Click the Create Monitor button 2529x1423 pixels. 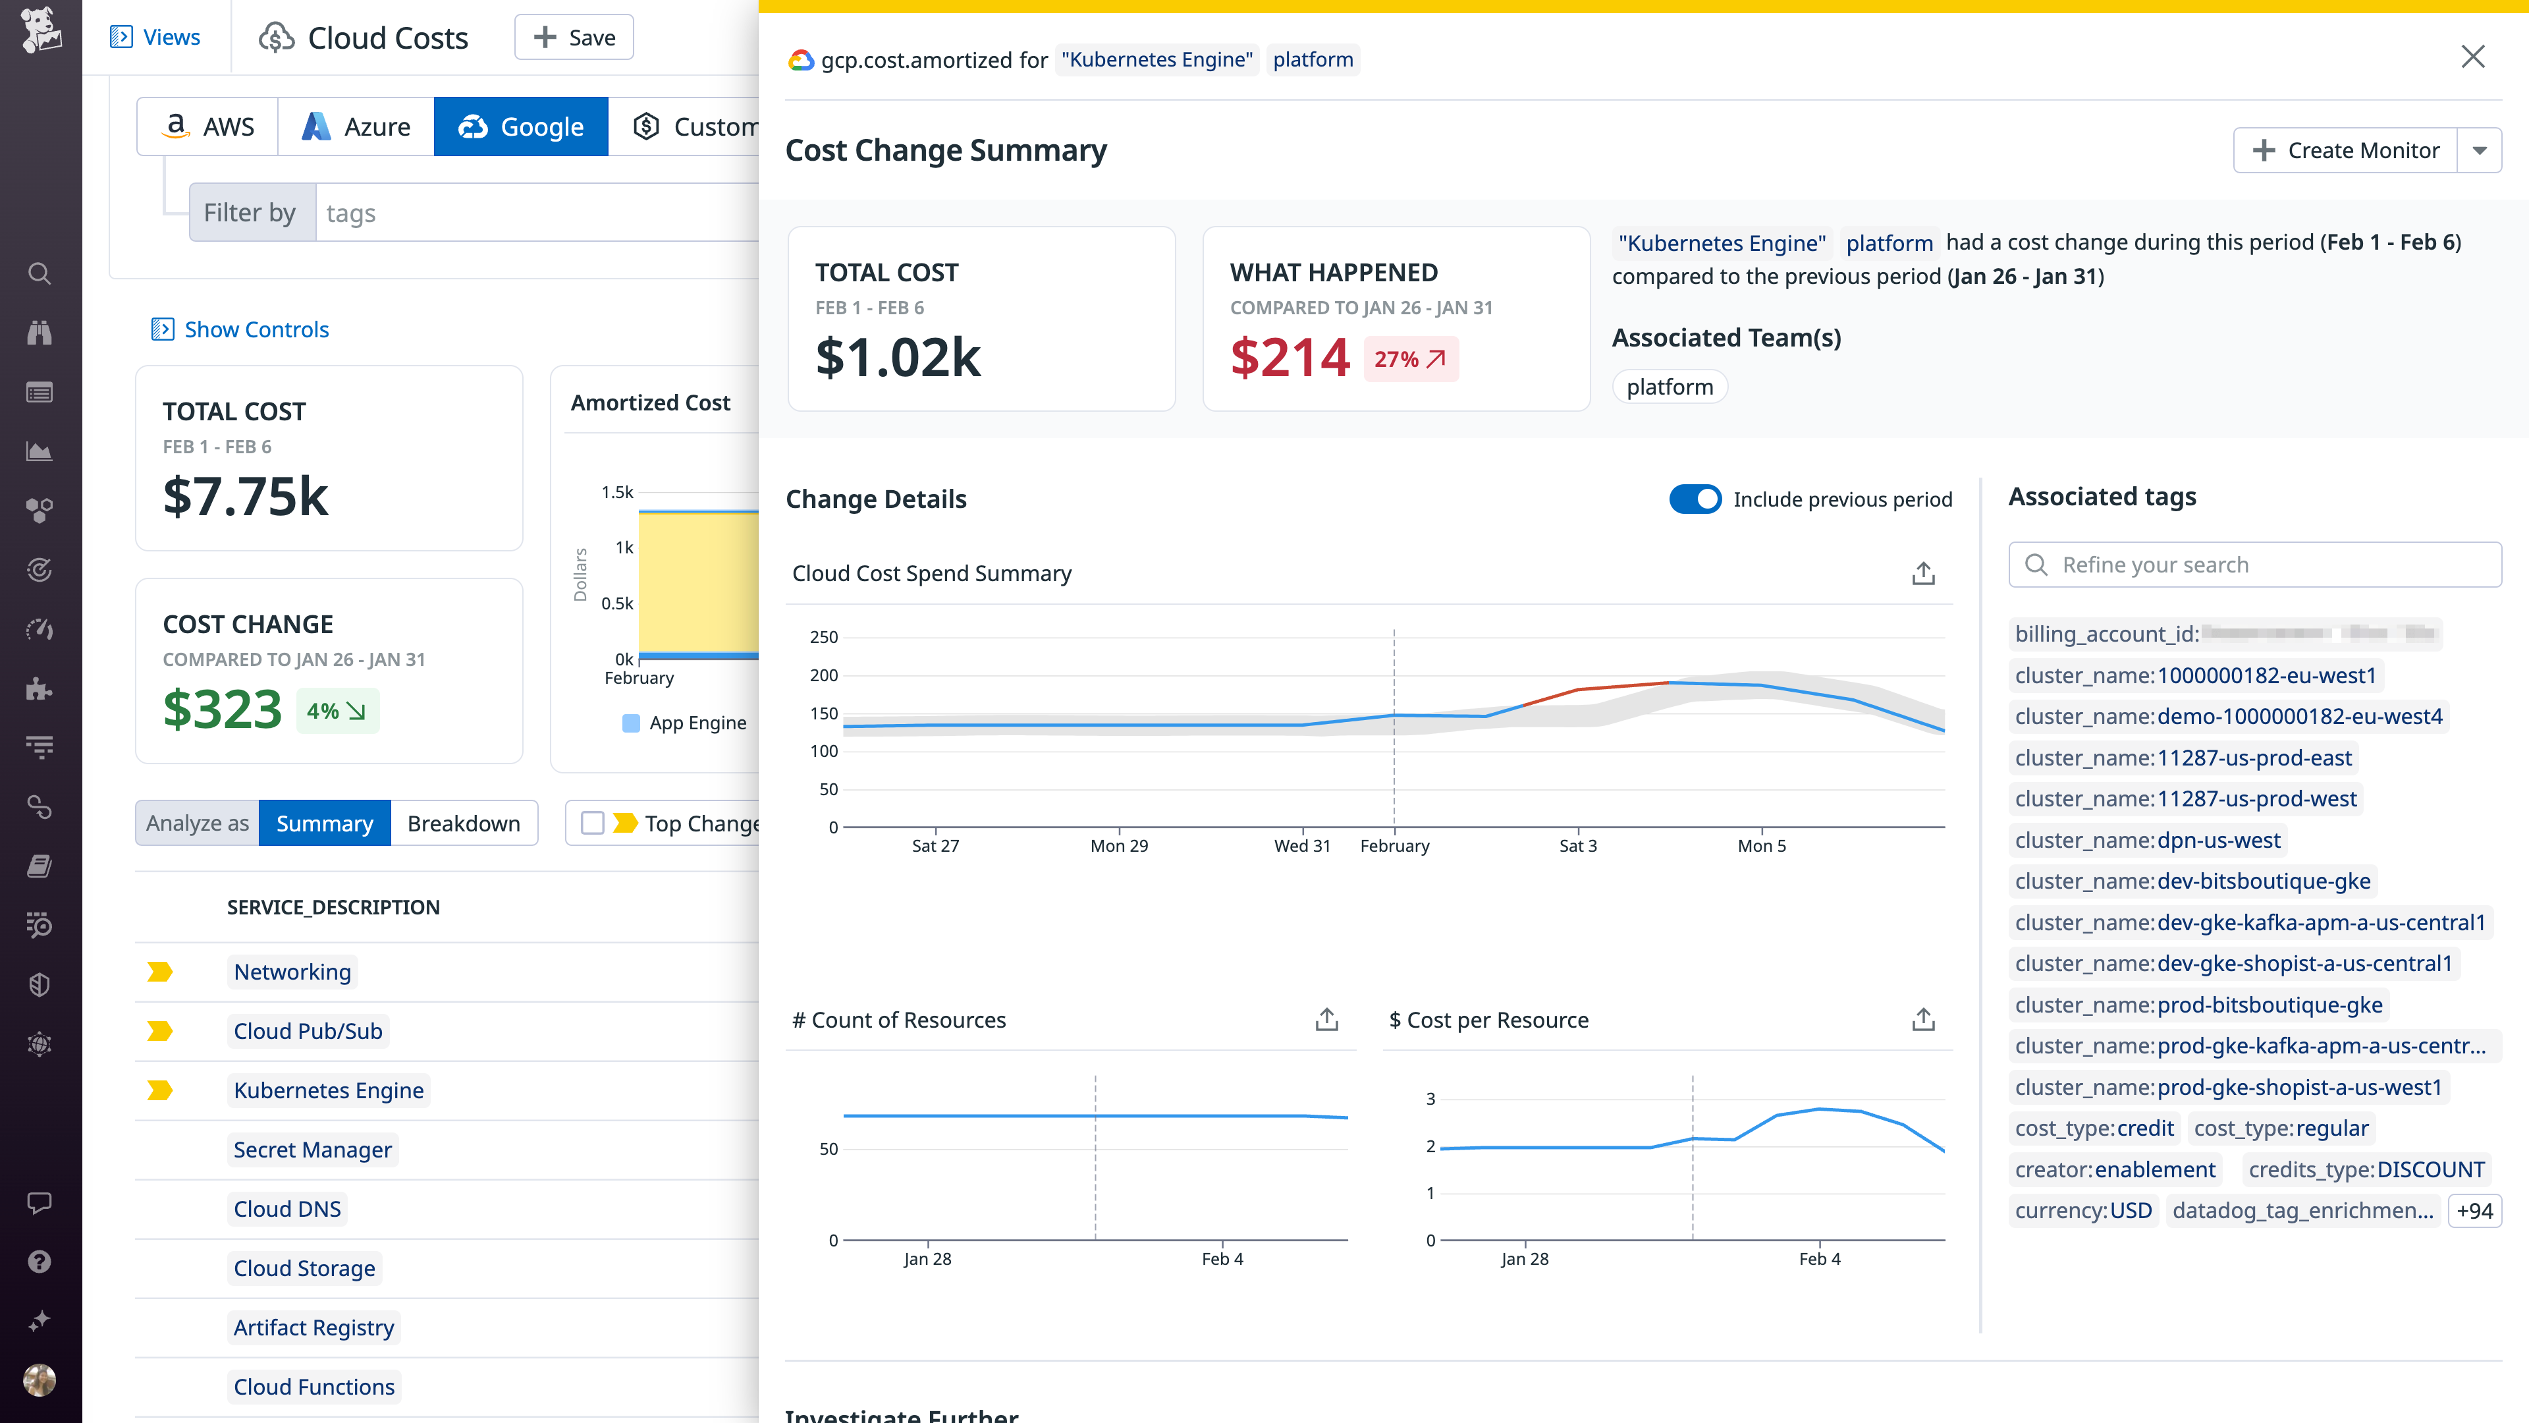2345,150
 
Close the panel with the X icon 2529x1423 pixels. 2472,57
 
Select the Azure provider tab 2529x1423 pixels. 356,126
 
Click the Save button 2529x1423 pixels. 574,38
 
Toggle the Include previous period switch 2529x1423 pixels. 1695,499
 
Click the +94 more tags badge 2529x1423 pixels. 2474,1210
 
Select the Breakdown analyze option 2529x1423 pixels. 464,823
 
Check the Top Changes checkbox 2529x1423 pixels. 592,823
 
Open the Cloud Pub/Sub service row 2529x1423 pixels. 308,1031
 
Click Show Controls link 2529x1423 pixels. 256,329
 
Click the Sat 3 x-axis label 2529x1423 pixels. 1578,845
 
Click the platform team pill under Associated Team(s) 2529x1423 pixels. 1669,387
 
